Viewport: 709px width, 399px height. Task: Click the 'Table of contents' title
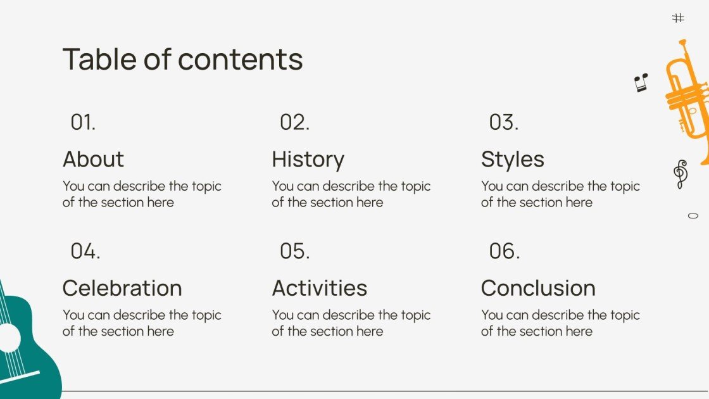182,59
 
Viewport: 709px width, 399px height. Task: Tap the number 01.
83,122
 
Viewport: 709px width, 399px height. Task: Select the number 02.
294,122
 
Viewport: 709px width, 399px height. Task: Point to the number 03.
503,122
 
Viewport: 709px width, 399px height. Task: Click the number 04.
85,251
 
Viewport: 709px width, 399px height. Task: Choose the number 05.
294,251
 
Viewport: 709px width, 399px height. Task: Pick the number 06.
504,251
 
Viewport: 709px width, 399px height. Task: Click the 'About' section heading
93,159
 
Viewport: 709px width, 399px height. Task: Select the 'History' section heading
308,160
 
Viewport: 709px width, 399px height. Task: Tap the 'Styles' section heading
512,160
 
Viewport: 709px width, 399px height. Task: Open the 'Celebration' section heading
122,288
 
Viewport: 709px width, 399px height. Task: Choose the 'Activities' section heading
319,288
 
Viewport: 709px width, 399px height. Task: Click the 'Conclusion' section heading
538,288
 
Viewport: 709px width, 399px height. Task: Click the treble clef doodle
680,174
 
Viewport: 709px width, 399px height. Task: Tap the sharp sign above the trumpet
678,18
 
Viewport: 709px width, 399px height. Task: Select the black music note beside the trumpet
641,82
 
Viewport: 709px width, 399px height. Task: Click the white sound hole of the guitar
8,338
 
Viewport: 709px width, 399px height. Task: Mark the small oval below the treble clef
693,216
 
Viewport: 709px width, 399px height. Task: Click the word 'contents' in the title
241,59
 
